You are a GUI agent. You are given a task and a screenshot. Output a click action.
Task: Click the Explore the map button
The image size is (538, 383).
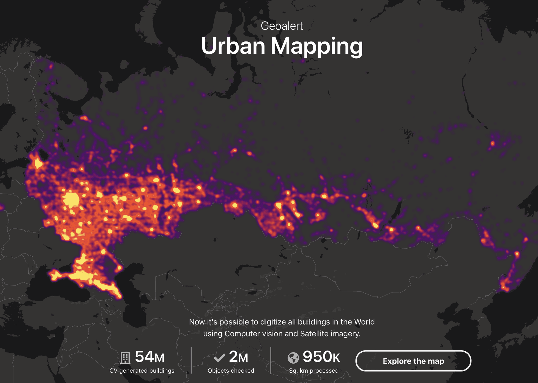(413, 361)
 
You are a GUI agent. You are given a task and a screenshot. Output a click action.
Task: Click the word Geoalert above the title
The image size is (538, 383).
(282, 26)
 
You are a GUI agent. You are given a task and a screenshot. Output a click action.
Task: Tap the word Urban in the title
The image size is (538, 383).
(233, 46)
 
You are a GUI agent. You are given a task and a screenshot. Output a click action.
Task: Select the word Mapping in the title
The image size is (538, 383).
(317, 47)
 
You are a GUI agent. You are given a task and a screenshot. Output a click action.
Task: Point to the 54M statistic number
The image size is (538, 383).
(149, 357)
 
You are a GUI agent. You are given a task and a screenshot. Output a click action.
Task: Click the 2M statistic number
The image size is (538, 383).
(238, 357)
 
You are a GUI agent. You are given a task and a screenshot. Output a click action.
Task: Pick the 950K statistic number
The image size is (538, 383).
(321, 357)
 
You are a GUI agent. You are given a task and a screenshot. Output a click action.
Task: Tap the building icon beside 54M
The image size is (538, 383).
(125, 358)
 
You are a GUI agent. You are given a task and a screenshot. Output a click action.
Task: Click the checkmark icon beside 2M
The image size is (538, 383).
(219, 358)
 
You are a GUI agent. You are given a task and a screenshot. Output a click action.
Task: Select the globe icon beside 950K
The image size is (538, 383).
(293, 358)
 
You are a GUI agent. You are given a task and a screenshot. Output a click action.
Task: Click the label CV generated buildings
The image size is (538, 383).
(142, 371)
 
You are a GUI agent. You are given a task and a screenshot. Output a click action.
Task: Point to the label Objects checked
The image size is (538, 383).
(231, 371)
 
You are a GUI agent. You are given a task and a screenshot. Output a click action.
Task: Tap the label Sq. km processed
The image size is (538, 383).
(314, 371)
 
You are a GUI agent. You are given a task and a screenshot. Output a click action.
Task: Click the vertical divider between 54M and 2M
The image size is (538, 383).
(191, 360)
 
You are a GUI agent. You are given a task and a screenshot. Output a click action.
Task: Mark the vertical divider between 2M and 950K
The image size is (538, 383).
(271, 360)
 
